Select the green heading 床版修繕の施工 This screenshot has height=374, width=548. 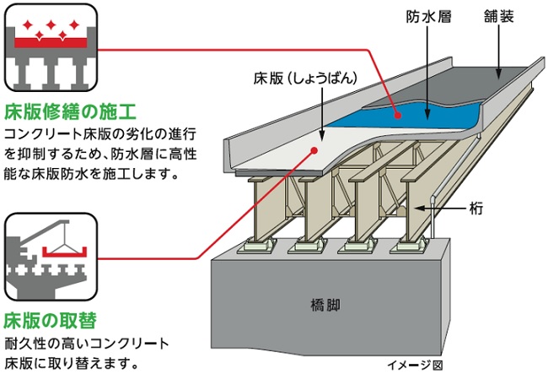(x=70, y=111)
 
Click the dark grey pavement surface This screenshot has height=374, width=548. (x=497, y=80)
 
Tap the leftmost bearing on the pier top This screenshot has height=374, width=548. (x=254, y=247)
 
